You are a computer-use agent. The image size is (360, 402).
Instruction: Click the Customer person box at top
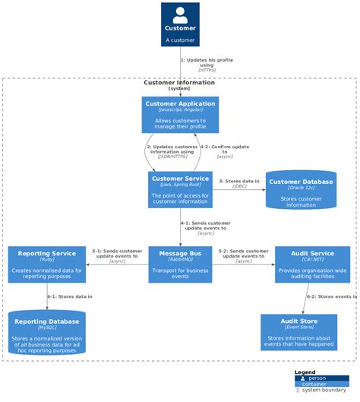point(180,24)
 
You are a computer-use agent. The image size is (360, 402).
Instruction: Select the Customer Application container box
point(180,115)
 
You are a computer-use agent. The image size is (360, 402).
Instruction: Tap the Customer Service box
point(180,189)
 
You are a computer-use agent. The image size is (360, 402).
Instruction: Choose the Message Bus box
point(180,264)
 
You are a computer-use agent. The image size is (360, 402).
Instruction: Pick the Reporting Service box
point(47,264)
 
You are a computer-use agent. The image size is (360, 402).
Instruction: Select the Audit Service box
point(312,264)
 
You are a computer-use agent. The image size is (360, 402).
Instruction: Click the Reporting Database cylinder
point(47,332)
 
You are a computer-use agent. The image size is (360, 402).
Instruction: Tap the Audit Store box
point(298,332)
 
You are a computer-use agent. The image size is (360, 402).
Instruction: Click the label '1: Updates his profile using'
point(207,62)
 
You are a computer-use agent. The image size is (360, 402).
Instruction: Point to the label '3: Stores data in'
point(239,182)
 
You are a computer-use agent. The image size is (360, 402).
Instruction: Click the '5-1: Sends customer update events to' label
point(117,253)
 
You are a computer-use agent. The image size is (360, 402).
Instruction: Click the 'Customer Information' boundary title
point(179,83)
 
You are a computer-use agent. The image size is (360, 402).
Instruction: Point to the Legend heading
point(305,372)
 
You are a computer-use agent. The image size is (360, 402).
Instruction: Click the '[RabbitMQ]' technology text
point(180,260)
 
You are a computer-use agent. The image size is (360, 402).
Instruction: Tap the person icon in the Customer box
point(180,14)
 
